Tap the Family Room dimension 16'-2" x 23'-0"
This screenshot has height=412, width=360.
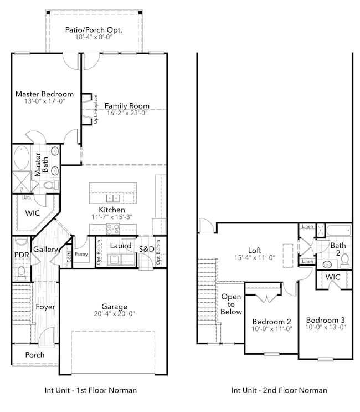click(127, 113)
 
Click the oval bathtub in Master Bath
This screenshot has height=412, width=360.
click(23, 157)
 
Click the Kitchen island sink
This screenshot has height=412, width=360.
click(113, 198)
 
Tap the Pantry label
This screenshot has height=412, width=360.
click(82, 255)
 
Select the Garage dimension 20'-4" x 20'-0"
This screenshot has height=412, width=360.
click(114, 313)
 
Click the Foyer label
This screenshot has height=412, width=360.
click(45, 307)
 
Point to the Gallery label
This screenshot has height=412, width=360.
click(45, 250)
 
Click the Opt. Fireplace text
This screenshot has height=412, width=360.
click(96, 109)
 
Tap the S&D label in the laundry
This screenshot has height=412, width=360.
click(146, 248)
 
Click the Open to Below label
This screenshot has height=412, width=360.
click(232, 304)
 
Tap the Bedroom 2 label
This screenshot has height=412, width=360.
click(271, 322)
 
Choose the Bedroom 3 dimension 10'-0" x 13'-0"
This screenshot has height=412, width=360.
click(326, 327)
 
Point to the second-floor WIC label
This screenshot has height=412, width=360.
click(333, 276)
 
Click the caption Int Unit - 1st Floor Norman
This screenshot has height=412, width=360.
click(91, 390)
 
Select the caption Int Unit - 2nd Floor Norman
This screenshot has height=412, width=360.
click(279, 390)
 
